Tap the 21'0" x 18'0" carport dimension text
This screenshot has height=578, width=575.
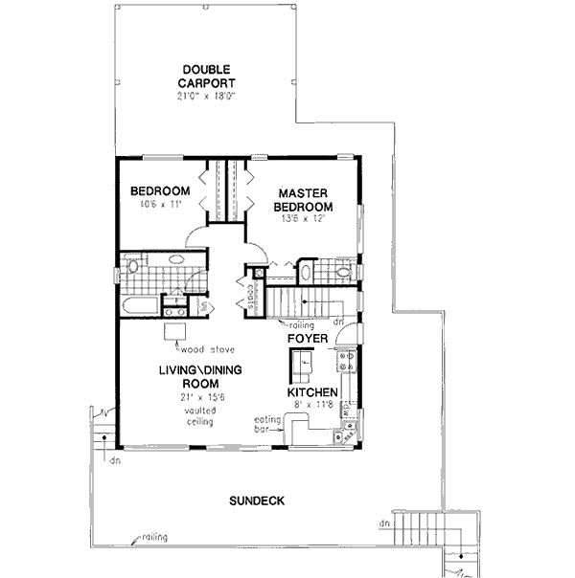pos(206,97)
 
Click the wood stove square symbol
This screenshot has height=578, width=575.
pos(173,329)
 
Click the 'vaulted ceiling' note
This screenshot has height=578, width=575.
pos(200,415)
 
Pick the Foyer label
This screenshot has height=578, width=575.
pos(309,339)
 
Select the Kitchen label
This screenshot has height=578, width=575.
pos(311,392)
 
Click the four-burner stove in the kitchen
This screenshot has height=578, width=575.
pos(346,362)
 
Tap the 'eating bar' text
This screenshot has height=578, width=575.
pos(265,424)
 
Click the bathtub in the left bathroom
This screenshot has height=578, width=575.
pos(141,307)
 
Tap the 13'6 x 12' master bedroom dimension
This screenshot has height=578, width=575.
pos(303,219)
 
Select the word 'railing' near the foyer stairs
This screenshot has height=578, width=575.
pos(313,324)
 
